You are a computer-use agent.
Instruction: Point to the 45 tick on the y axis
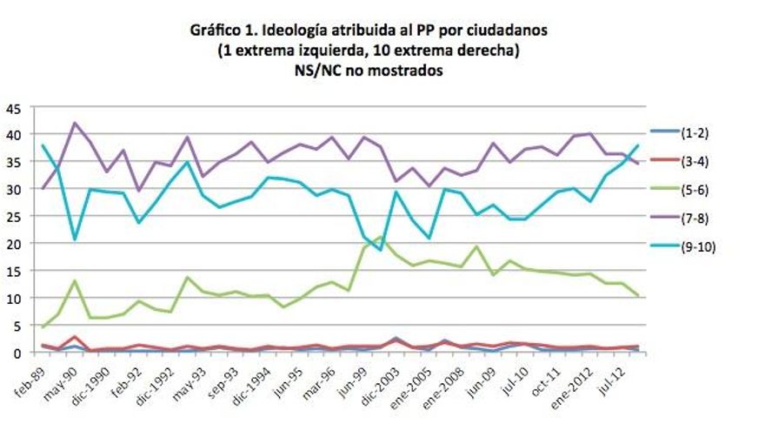[13, 109]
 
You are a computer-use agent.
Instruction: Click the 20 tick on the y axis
[13, 245]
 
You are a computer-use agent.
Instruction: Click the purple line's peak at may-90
[75, 123]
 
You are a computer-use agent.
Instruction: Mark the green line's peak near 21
[381, 237]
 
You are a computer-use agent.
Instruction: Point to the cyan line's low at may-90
[75, 239]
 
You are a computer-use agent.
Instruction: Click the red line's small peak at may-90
[75, 337]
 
